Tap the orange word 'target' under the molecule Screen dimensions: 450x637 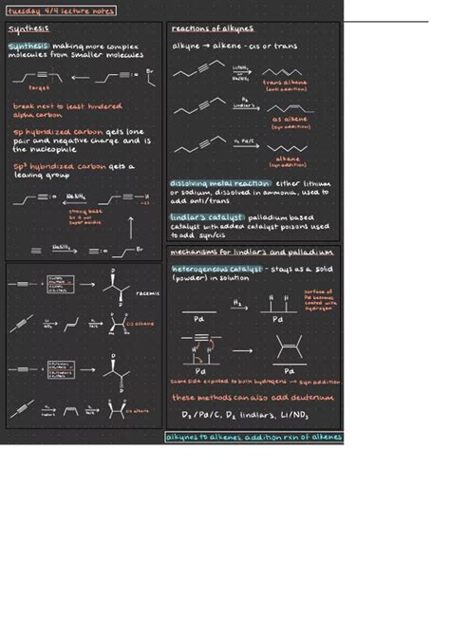[x=39, y=85]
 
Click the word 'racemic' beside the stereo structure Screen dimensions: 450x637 [x=148, y=293]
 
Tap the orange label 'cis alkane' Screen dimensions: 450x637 [x=144, y=324]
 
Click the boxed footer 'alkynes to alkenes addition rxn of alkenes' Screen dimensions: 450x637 [x=253, y=438]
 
